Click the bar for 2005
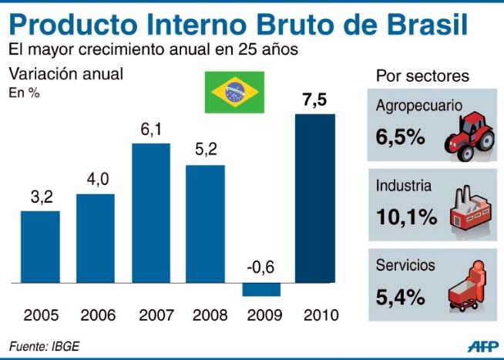(40, 247)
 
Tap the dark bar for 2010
(314, 199)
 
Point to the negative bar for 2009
(260, 289)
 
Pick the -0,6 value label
(260, 267)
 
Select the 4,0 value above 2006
(96, 180)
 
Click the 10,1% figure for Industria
(406, 216)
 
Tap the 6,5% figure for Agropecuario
(401, 137)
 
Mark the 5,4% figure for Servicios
(401, 294)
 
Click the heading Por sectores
(422, 76)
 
